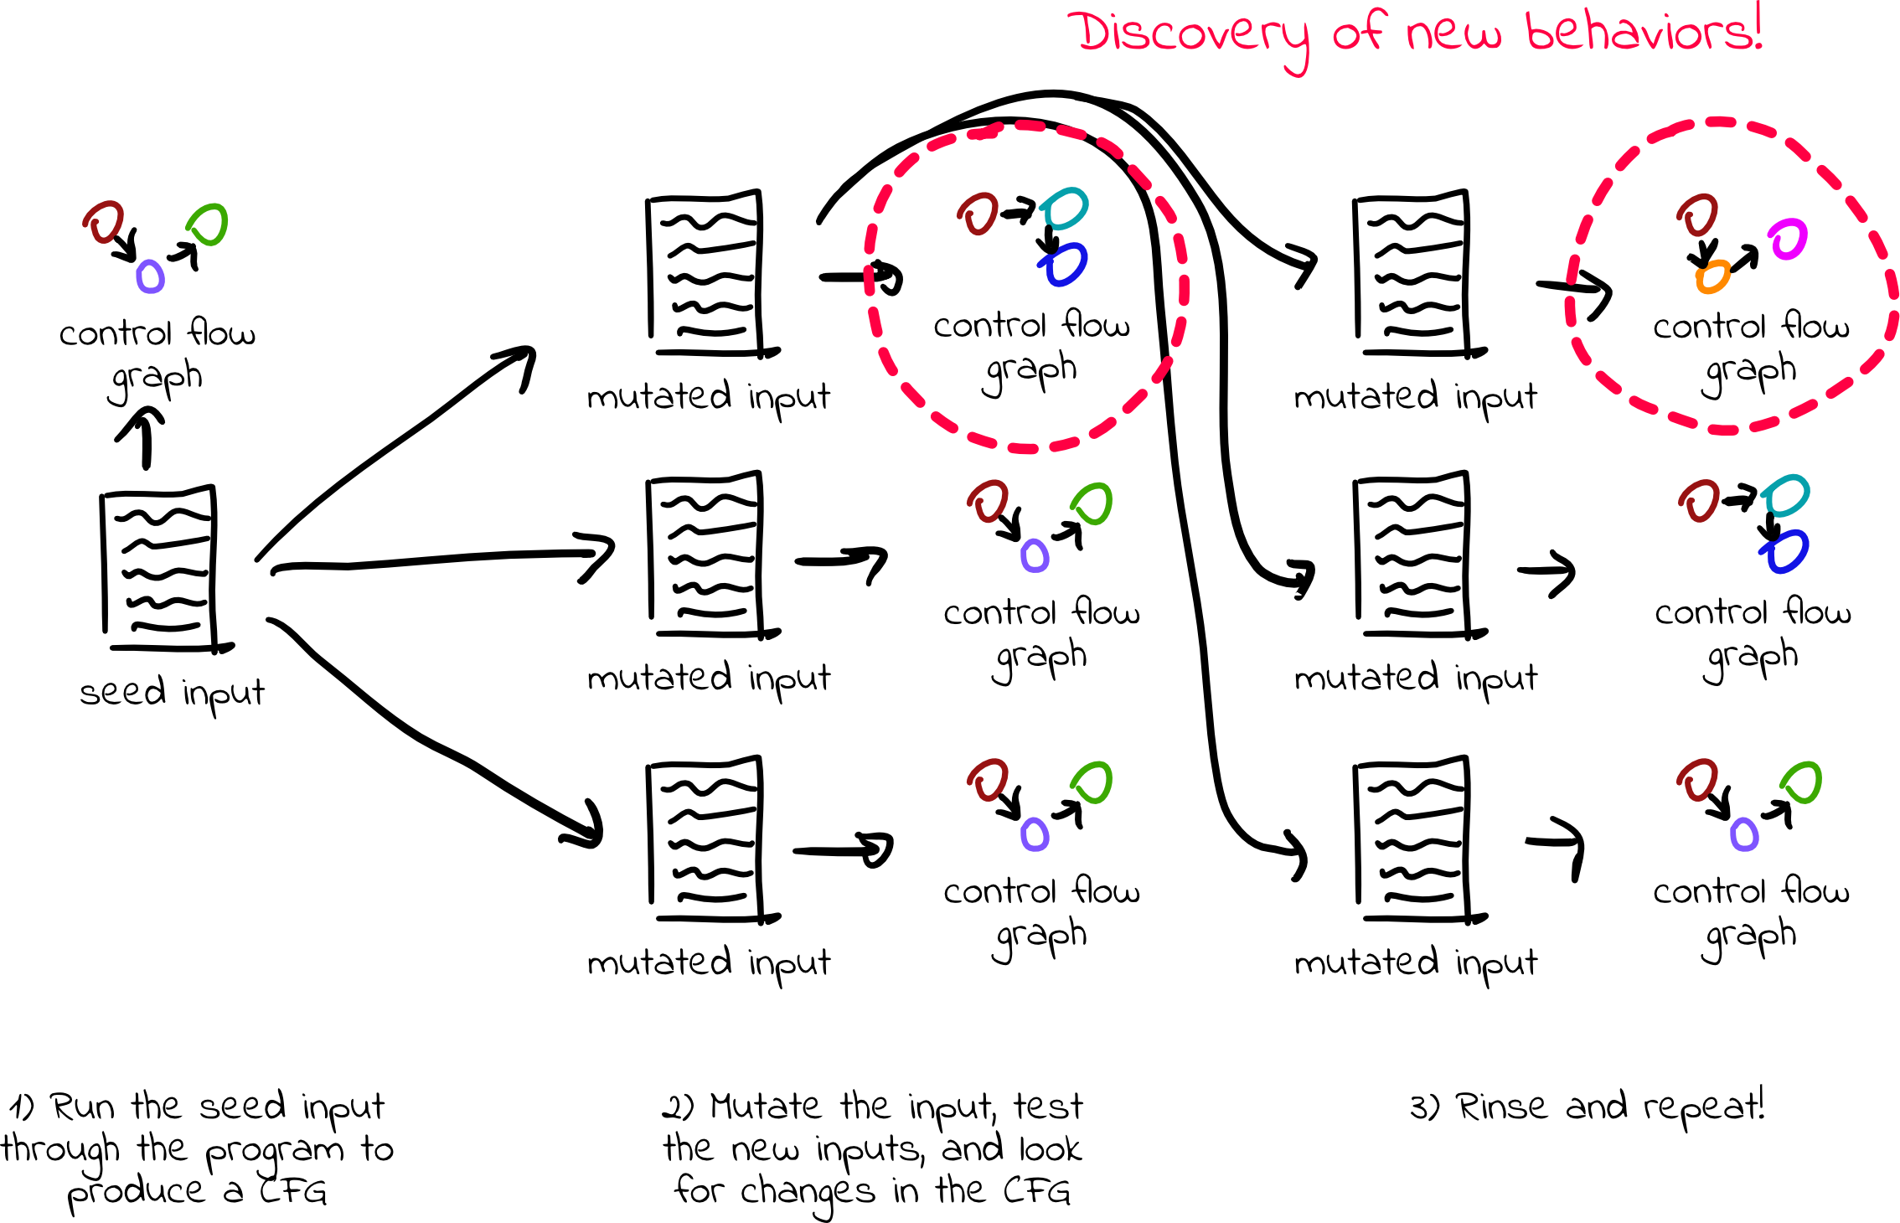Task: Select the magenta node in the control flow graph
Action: [1788, 240]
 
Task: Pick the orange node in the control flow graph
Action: [1712, 276]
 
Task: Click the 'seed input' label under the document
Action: [172, 694]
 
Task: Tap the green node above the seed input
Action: [208, 224]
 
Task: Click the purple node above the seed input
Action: [150, 276]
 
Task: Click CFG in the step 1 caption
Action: [292, 1191]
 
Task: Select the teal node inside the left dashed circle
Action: [1065, 209]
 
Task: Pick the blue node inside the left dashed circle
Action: [1065, 264]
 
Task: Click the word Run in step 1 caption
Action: [83, 1107]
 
